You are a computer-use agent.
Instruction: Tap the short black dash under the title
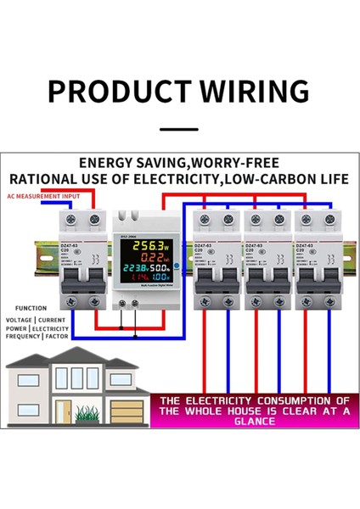(179, 129)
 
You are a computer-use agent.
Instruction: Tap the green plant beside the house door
(87, 413)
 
